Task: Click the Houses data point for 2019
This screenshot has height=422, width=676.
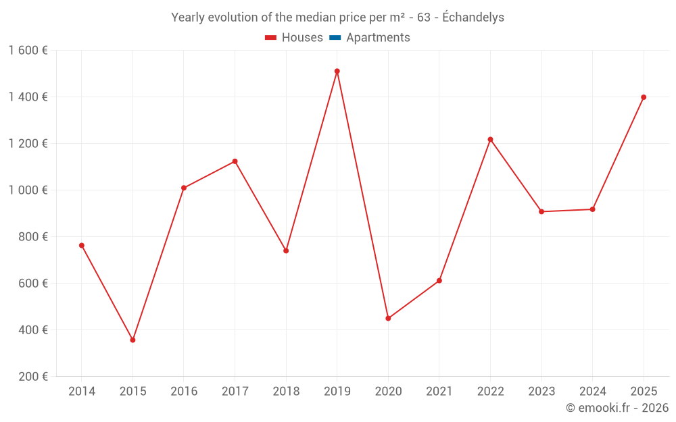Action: point(337,71)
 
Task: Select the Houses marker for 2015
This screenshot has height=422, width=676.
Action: point(132,340)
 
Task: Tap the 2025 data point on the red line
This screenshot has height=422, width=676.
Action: point(644,97)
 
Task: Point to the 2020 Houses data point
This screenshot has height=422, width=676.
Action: point(388,318)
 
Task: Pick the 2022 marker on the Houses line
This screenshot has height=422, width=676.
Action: point(490,140)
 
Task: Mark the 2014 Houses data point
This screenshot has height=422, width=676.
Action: point(82,245)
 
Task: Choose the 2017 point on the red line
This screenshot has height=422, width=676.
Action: point(235,161)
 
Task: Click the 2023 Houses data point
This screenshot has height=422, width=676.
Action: point(541,211)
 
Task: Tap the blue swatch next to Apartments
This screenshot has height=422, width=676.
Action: point(335,38)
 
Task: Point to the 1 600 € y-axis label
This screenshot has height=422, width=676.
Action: point(28,51)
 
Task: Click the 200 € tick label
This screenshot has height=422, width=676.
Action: point(33,377)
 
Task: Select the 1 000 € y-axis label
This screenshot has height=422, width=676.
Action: point(28,190)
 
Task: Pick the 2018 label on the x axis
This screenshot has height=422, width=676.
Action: point(286,392)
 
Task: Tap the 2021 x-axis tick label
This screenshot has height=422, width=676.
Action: point(439,392)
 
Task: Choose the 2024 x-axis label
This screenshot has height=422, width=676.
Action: point(592,392)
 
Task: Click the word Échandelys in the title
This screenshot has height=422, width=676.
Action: point(473,18)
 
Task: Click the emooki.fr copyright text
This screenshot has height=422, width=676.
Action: point(617,408)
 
